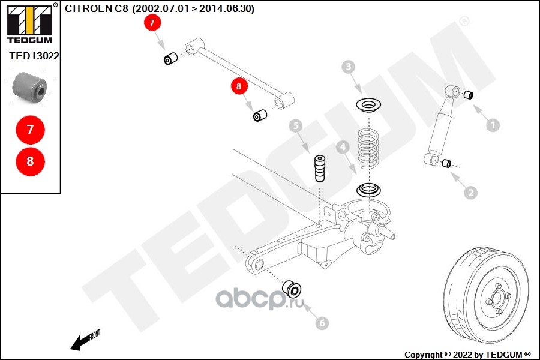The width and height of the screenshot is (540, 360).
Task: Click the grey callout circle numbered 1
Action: tap(492, 125)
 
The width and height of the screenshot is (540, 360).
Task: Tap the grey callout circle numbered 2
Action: tap(470, 192)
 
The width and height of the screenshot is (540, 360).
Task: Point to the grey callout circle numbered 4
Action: tap(343, 146)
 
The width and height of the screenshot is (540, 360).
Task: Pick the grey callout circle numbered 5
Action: tap(295, 125)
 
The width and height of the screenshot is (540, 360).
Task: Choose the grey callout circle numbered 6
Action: tap(322, 323)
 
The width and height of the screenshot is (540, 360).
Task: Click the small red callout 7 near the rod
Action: tap(152, 23)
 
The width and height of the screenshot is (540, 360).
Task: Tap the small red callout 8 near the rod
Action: tap(239, 86)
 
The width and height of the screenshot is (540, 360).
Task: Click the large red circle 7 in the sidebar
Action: tap(29, 129)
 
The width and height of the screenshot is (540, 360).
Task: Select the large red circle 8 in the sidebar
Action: tap(29, 161)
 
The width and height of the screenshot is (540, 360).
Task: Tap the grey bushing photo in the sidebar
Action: tap(29, 87)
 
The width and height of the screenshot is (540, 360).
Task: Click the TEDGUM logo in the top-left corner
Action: tap(29, 24)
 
